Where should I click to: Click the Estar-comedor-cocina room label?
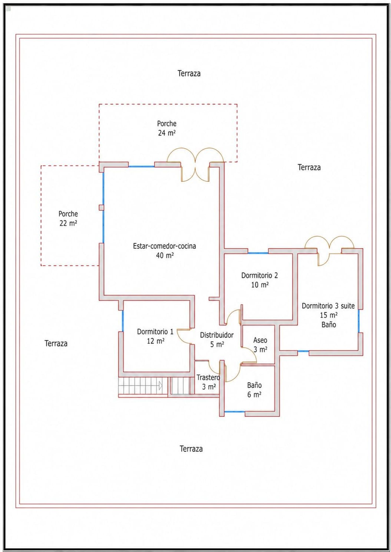point(164,246)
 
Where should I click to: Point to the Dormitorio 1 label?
point(155,331)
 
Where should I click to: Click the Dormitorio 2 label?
point(260,275)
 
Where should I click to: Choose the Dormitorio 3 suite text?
point(328,306)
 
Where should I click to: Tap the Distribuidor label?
point(217,335)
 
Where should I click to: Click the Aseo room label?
point(260,340)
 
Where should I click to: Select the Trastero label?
point(208,377)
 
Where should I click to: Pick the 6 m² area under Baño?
point(254,395)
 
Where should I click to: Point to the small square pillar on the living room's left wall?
point(101,207)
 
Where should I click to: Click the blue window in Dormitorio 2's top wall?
point(258,253)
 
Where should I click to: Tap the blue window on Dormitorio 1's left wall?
point(123,321)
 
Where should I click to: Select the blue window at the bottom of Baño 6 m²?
point(235,412)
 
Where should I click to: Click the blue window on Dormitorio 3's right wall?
point(359,321)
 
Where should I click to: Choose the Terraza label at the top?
point(189,73)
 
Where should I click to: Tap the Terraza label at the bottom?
point(191,449)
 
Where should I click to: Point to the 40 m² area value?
point(165,255)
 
